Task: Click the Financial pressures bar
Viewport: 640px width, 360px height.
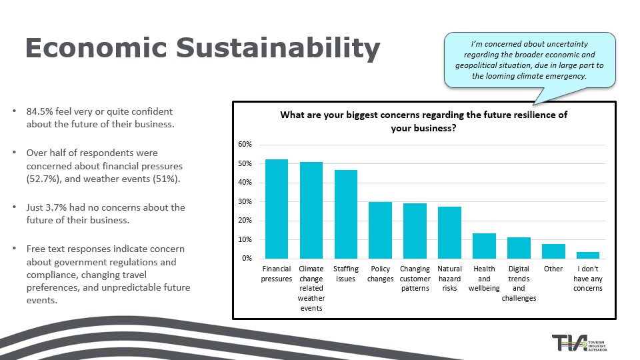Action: click(x=277, y=209)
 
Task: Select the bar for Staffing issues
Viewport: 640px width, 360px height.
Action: click(x=345, y=214)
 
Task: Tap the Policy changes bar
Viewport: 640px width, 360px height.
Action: click(x=380, y=230)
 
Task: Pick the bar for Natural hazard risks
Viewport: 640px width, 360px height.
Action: click(x=449, y=233)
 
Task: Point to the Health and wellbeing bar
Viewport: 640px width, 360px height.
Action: click(x=484, y=246)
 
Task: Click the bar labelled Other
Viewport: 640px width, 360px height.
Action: click(x=553, y=251)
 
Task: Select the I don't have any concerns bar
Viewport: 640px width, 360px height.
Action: click(x=588, y=255)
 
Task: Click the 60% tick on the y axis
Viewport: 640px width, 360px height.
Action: click(x=245, y=145)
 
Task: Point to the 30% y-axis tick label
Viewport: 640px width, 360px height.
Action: click(x=245, y=201)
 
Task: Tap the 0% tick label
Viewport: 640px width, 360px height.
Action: click(x=247, y=259)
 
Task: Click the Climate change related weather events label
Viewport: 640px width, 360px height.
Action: click(x=311, y=289)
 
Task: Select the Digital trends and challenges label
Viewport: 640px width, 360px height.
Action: click(x=519, y=283)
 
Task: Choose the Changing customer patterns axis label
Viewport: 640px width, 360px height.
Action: click(x=415, y=279)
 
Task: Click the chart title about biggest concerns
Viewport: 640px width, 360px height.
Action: click(x=423, y=121)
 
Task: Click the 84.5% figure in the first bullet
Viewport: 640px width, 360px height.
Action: click(x=41, y=112)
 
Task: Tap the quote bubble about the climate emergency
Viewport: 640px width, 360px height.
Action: click(x=529, y=60)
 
